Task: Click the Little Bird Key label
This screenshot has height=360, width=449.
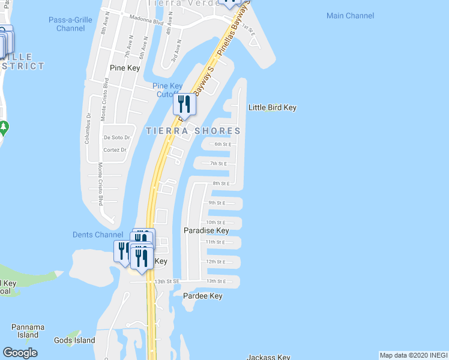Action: coord(273,108)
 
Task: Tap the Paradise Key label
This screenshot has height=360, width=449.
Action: coord(206,230)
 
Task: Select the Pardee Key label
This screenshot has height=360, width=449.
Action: coord(203,296)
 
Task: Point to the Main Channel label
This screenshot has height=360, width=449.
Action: coord(350,16)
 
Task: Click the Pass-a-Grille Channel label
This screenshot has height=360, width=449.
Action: coord(70,24)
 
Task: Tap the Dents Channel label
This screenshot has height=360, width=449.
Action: coord(94,235)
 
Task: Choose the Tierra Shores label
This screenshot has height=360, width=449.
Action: coord(193,131)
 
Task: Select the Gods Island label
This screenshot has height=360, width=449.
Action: coord(74,341)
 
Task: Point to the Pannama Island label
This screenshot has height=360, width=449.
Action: coord(28,331)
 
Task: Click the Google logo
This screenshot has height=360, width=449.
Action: coord(20,353)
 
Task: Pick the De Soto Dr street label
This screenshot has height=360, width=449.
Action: coord(116,137)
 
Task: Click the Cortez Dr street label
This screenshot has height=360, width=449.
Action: coord(115,150)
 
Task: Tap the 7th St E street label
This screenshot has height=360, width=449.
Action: coord(218,163)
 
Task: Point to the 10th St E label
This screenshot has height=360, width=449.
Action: coord(215,223)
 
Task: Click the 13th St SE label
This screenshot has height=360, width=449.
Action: coord(167,281)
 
